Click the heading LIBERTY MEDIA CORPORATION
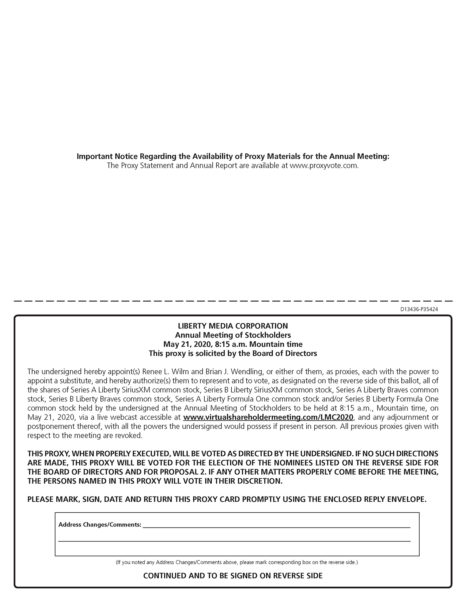tap(233, 326)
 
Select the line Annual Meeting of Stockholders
tap(233, 335)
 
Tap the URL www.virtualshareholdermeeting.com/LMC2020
tap(268, 417)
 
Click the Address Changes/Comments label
tap(100, 525)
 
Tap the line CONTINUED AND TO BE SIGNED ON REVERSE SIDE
tap(233, 576)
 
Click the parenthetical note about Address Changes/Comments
tap(236, 562)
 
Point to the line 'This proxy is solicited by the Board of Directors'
tap(233, 353)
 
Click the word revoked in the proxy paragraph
tap(130, 435)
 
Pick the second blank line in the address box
tap(234, 541)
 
